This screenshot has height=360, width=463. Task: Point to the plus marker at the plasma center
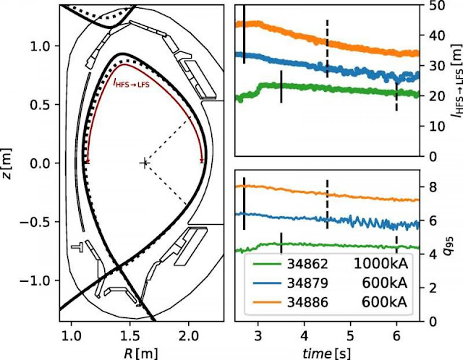click(144, 163)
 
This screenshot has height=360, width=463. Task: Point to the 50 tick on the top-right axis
click(432, 4)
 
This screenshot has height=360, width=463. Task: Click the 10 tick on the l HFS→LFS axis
click(432, 126)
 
